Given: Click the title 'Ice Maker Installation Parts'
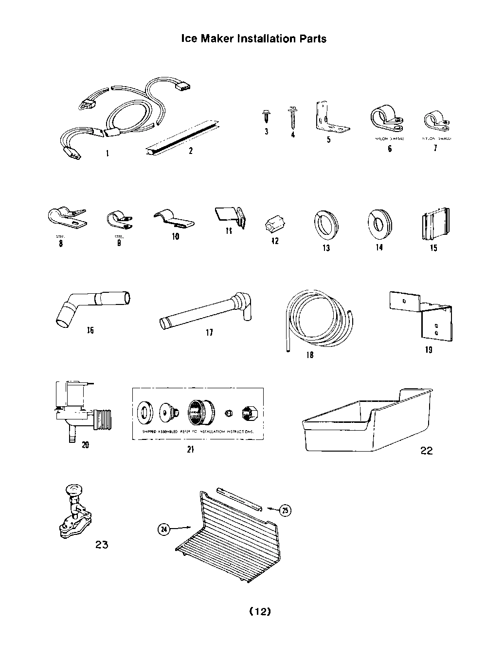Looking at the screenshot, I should coord(253,38).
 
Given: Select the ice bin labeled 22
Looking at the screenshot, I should coord(367,422).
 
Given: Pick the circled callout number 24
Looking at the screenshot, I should coord(165,529).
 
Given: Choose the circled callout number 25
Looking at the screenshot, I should coord(285,510).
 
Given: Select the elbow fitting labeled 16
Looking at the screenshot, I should coord(90,307).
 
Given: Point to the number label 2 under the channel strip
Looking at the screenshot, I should coord(191,151).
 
